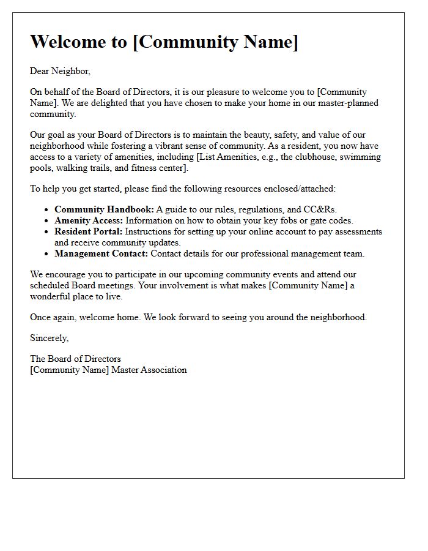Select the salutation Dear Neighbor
click(x=60, y=71)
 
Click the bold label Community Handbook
click(x=104, y=209)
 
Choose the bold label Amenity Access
click(x=89, y=220)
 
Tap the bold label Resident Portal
click(x=89, y=231)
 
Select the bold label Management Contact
click(x=101, y=253)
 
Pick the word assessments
click(x=358, y=231)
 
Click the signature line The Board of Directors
click(x=75, y=359)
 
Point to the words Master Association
click(x=149, y=370)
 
